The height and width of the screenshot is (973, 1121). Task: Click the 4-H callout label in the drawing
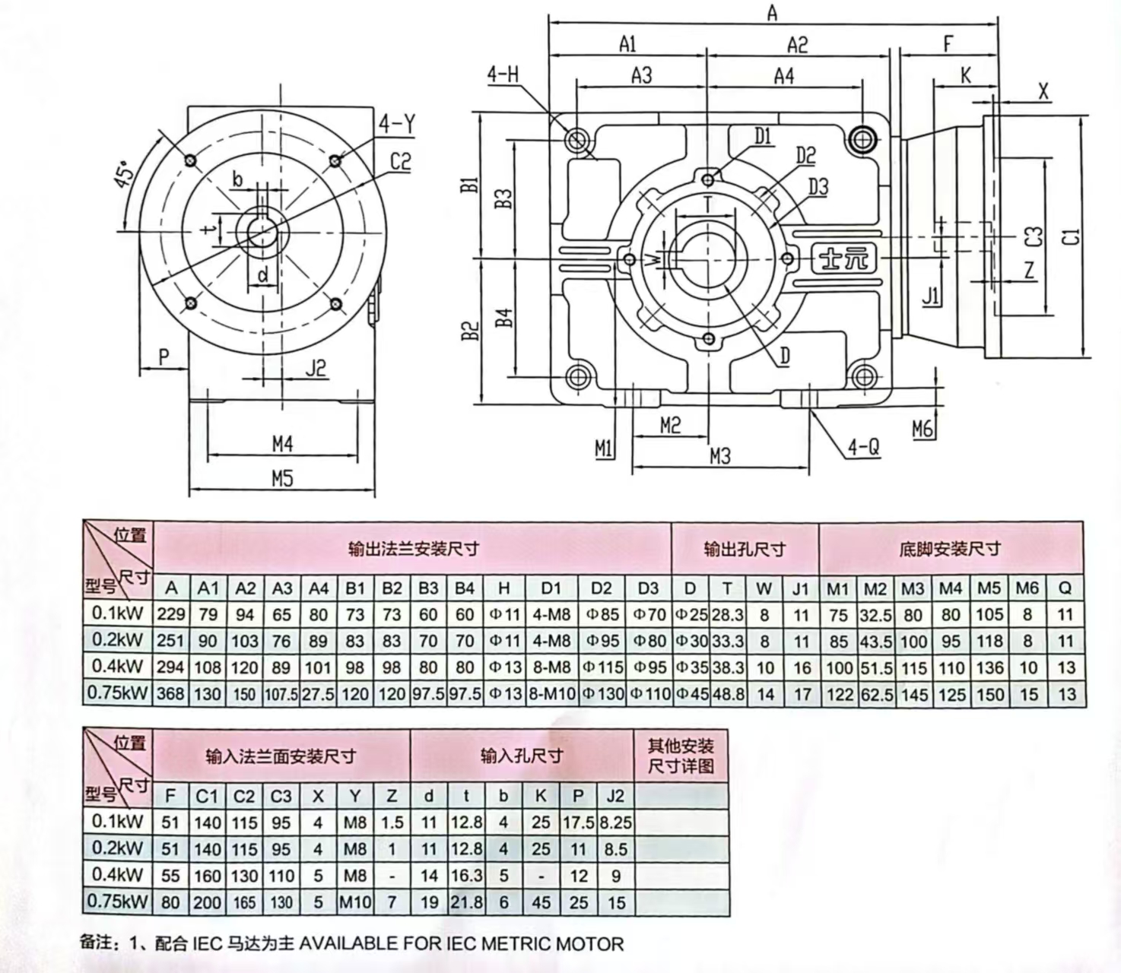(503, 74)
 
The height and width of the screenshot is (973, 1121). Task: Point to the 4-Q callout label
(864, 447)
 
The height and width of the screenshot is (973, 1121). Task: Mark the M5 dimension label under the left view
(282, 479)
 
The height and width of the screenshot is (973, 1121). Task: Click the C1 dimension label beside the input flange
(1071, 236)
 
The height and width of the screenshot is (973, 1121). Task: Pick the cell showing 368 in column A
(171, 694)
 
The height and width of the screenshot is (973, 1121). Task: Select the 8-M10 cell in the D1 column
(551, 694)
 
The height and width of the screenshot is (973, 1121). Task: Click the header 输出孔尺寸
(745, 549)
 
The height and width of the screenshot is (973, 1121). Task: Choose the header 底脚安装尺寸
(950, 549)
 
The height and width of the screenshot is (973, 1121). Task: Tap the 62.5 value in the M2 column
(876, 694)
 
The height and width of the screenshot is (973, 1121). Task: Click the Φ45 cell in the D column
(691, 694)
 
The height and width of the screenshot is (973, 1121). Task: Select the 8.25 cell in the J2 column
(615, 822)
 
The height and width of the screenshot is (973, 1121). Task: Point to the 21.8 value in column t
(466, 902)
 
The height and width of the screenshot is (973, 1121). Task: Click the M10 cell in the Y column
(354, 902)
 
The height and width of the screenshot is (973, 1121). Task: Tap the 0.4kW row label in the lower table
(117, 875)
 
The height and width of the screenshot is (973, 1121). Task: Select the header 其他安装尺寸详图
(681, 756)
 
